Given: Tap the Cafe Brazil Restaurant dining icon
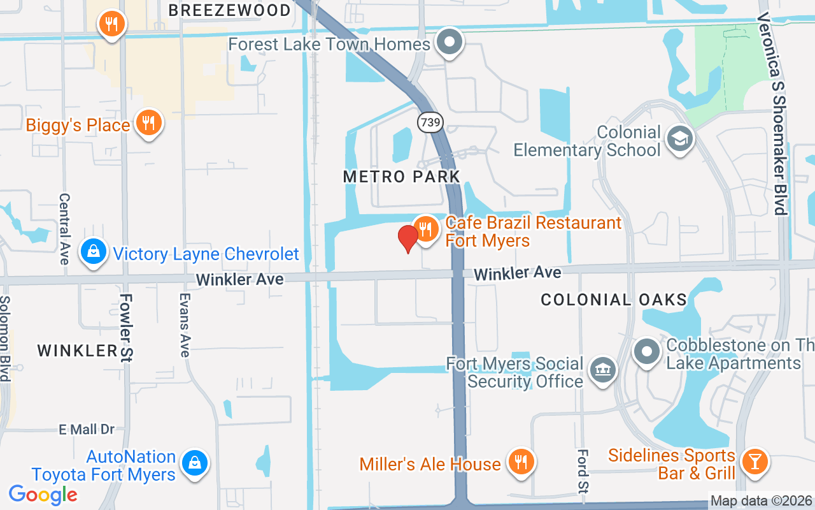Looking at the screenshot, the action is tap(425, 229).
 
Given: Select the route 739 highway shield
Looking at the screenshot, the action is tap(431, 122).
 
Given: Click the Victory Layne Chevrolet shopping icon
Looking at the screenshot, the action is tap(94, 252).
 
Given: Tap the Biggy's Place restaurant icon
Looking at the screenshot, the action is tap(149, 123).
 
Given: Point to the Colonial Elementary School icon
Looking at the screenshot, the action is tap(679, 138).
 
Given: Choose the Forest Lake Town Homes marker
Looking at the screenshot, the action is tap(451, 42).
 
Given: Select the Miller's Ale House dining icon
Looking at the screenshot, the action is tap(521, 462).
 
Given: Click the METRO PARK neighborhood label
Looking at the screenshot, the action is tap(401, 177).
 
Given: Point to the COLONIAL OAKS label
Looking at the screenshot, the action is tap(614, 300).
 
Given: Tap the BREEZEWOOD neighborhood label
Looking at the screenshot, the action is tap(230, 10).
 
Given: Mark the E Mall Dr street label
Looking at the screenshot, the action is tap(87, 430).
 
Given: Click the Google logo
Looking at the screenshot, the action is tap(43, 495).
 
